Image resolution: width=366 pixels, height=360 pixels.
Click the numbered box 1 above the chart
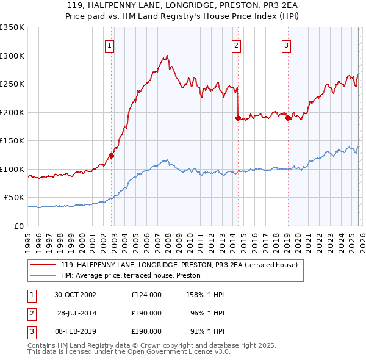coord(109,44)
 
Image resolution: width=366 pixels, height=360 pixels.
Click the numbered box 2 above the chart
coord(236,44)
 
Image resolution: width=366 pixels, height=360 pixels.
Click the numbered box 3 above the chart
coord(286,44)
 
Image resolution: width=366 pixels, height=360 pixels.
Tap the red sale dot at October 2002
coord(112,156)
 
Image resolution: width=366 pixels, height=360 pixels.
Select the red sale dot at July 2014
coord(238,118)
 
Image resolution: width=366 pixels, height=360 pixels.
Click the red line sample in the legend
coord(43,265)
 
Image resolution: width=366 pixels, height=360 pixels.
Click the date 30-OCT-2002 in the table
coord(76,295)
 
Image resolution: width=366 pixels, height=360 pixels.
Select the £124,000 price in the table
coord(146,295)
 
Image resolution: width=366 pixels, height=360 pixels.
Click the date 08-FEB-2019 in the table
coord(76,331)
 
